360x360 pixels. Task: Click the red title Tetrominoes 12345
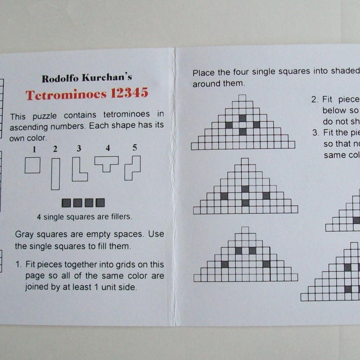click(87, 94)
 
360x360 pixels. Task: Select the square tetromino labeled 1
click(32, 165)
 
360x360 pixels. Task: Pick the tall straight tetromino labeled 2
click(55, 173)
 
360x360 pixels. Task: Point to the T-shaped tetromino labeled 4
click(107, 163)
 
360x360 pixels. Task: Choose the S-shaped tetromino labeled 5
click(133, 167)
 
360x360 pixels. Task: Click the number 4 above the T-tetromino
click(108, 148)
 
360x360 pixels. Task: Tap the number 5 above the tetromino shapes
click(135, 147)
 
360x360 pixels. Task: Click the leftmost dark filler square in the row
click(66, 203)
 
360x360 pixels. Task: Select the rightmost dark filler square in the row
click(100, 203)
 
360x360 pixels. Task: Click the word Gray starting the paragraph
click(25, 234)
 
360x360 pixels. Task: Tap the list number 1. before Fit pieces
click(19, 265)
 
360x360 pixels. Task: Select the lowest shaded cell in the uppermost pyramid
click(243, 132)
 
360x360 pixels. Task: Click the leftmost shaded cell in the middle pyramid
click(224, 196)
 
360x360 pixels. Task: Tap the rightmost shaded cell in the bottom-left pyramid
click(266, 264)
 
